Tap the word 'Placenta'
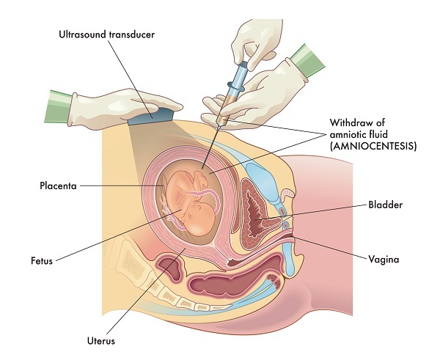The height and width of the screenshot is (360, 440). pyautogui.click(x=59, y=186)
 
